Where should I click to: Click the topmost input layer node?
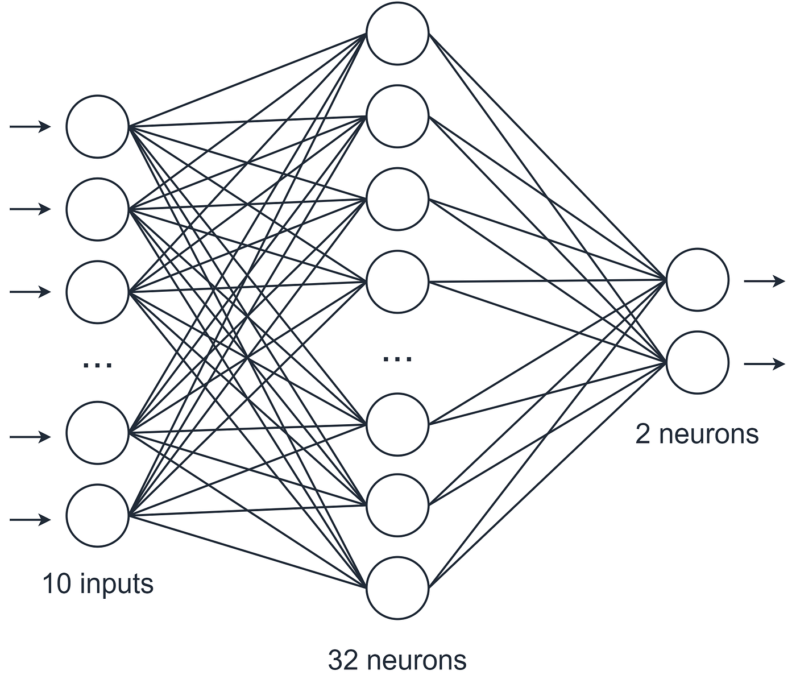click(x=98, y=126)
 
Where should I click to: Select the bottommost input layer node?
click(x=98, y=516)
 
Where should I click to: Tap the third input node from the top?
click(x=98, y=292)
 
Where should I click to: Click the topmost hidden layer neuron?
click(x=397, y=33)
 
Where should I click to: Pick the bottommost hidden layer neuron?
click(x=397, y=587)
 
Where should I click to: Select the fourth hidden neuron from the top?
click(x=397, y=281)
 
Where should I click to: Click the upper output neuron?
click(x=697, y=280)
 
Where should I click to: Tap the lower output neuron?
click(x=697, y=362)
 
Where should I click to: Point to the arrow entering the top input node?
click(x=30, y=127)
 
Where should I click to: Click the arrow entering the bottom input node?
click(x=30, y=519)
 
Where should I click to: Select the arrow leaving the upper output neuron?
click(x=764, y=281)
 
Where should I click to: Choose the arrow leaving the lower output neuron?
click(x=764, y=364)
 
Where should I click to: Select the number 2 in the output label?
click(x=642, y=434)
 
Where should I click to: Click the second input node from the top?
click(x=98, y=209)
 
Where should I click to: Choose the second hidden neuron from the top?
click(x=397, y=116)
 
